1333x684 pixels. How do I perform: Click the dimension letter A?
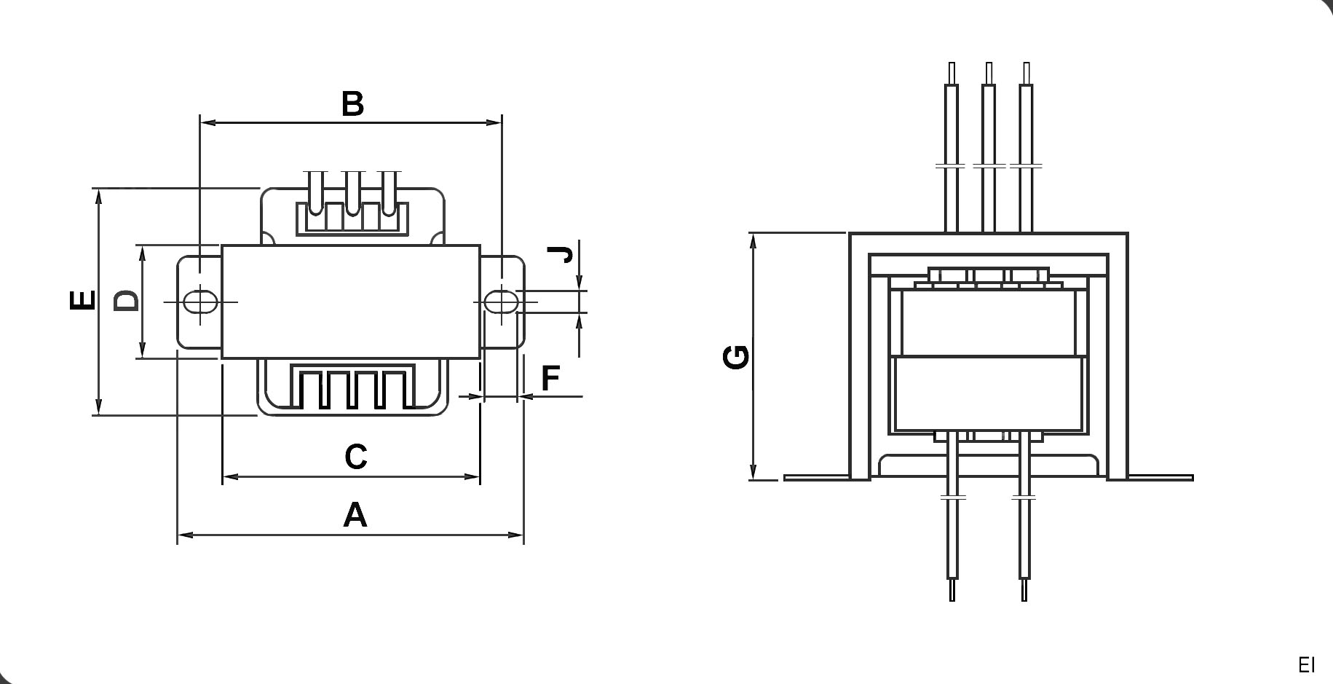point(355,515)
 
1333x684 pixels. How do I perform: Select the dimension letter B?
point(352,104)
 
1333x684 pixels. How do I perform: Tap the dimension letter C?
point(355,457)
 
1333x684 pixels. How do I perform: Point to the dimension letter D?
point(126,300)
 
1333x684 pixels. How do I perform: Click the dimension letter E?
point(82,300)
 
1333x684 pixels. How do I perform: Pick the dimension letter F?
point(550,378)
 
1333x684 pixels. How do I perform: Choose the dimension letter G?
point(737,357)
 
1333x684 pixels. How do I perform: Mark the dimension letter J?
point(561,254)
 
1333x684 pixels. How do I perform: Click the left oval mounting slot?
point(199,302)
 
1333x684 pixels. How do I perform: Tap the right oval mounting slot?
point(501,302)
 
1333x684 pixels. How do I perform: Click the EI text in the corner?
point(1306,665)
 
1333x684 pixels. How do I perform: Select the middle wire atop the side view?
point(988,146)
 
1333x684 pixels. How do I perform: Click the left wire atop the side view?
point(951,146)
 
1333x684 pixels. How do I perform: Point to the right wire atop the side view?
point(1026,146)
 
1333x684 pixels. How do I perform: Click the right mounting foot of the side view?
point(1160,478)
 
